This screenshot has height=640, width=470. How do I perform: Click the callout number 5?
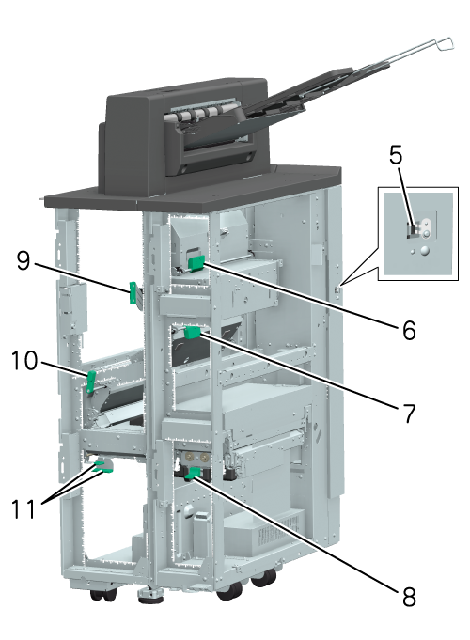pyautogui.click(x=396, y=155)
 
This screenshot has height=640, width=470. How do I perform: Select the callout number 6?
pyautogui.click(x=409, y=330)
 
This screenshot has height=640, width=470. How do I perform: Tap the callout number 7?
pyautogui.click(x=409, y=413)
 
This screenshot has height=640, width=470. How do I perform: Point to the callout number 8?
pyautogui.click(x=409, y=597)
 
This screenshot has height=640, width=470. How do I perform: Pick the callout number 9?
pyautogui.click(x=23, y=260)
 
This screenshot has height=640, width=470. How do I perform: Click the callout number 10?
pyautogui.click(x=24, y=360)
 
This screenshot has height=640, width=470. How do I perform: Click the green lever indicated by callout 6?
pyautogui.click(x=196, y=263)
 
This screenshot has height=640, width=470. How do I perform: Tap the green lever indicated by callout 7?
pyautogui.click(x=192, y=333)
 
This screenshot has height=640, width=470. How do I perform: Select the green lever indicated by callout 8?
pyautogui.click(x=193, y=474)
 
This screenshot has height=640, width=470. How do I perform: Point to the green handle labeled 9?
pyautogui.click(x=133, y=292)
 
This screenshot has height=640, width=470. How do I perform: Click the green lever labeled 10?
pyautogui.click(x=91, y=382)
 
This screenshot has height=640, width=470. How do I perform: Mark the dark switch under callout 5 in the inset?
pyautogui.click(x=412, y=231)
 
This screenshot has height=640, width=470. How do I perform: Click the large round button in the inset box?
pyautogui.click(x=425, y=251)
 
